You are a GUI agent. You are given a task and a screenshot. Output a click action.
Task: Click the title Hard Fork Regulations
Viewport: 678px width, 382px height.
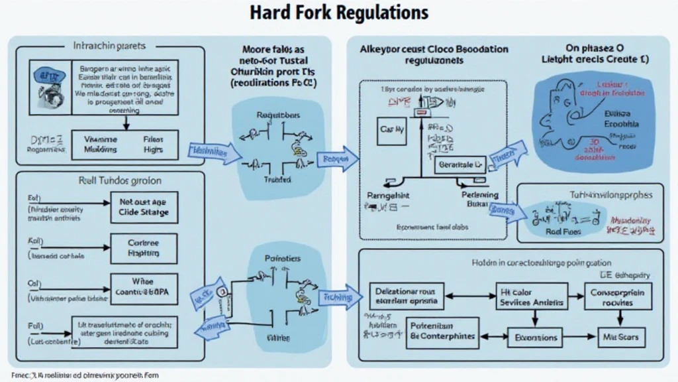pyautogui.click(x=338, y=13)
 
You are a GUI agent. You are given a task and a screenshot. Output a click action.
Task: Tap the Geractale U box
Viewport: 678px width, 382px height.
pyautogui.click(x=460, y=164)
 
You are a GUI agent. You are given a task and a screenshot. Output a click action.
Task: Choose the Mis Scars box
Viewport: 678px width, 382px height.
pyautogui.click(x=621, y=337)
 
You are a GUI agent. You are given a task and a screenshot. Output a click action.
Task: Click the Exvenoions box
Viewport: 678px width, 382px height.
pyautogui.click(x=536, y=337)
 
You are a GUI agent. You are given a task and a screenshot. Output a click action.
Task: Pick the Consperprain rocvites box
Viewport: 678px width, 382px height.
pyautogui.click(x=618, y=297)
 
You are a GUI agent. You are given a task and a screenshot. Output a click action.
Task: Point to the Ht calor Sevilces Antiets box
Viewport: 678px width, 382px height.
pyautogui.click(x=532, y=297)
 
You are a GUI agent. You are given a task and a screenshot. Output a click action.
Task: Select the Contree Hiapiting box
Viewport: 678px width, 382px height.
pyautogui.click(x=144, y=249)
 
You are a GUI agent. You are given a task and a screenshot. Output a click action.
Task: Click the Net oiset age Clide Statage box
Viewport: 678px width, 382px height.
pyautogui.click(x=144, y=208)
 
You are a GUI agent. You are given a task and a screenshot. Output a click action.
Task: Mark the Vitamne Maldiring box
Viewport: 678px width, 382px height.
pyautogui.click(x=100, y=145)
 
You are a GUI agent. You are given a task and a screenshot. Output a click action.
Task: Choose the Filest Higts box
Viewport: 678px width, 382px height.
pyautogui.click(x=152, y=145)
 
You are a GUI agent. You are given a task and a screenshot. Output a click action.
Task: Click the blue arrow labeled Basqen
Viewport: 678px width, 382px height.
pyautogui.click(x=338, y=159)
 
